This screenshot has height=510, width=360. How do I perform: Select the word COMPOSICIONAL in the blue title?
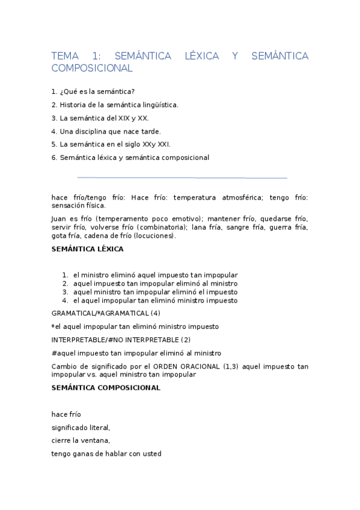pyautogui.click(x=91, y=69)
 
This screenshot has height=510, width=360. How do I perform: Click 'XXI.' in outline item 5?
pyautogui.click(x=163, y=144)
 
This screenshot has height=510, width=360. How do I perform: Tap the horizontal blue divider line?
pyautogui.click(x=182, y=177)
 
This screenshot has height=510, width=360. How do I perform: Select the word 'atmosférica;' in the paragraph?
pyautogui.click(x=240, y=197)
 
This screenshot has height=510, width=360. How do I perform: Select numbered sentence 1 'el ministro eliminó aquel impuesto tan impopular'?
pyautogui.click(x=155, y=275)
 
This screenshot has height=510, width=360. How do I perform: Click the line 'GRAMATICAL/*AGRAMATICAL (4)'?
pyautogui.click(x=106, y=313)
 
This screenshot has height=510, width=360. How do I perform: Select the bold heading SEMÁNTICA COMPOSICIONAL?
pyautogui.click(x=106, y=388)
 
